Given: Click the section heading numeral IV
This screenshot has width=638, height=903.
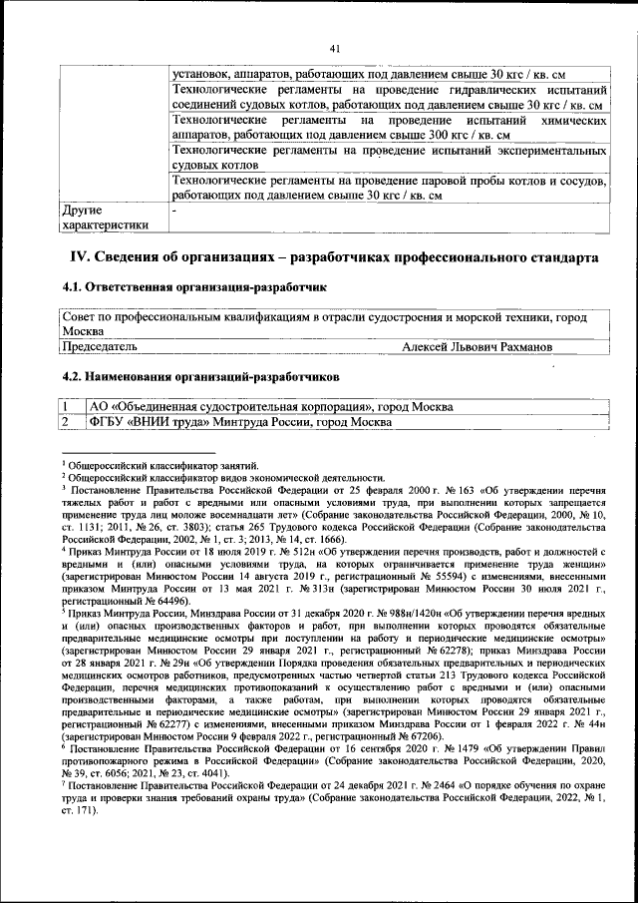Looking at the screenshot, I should coord(79,257).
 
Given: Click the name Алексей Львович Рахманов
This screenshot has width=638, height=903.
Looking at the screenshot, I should coord(478,346).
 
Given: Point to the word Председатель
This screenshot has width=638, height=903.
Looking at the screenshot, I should coord(100,346).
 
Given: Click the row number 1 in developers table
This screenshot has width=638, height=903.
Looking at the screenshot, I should coord(66,407).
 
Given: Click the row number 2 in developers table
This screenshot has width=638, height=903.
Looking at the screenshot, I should coord(66,422).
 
